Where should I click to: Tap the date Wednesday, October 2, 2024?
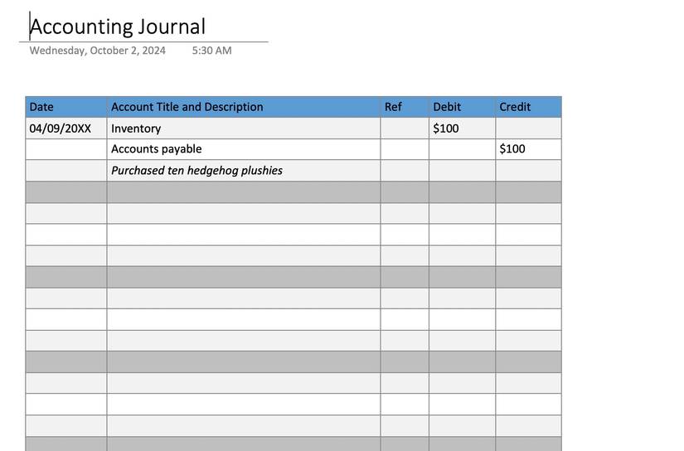click(x=97, y=51)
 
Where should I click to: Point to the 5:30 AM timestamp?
click(x=211, y=51)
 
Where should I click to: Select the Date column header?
click(x=41, y=107)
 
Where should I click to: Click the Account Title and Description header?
click(x=187, y=107)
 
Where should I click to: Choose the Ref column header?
click(x=393, y=107)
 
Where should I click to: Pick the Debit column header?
click(x=447, y=107)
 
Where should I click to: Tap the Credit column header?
click(x=515, y=107)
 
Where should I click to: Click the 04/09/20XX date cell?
click(x=60, y=129)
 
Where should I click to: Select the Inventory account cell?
click(x=136, y=129)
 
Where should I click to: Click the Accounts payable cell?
click(x=156, y=149)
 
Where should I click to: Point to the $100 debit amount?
click(x=445, y=129)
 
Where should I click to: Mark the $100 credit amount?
click(x=512, y=149)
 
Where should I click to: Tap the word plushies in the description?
click(x=261, y=171)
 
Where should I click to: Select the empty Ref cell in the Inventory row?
click(x=405, y=129)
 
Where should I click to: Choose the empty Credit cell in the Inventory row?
click(x=528, y=129)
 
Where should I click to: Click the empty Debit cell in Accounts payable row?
click(x=462, y=149)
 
